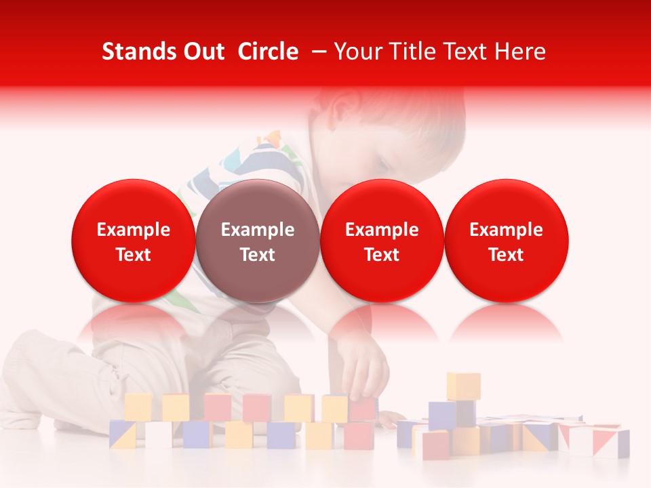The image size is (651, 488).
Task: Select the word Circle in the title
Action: pyautogui.click(x=268, y=52)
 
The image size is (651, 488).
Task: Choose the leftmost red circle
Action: pyautogui.click(x=133, y=241)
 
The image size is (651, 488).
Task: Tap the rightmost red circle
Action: pyautogui.click(x=506, y=241)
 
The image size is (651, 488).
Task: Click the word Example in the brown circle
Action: pyautogui.click(x=257, y=230)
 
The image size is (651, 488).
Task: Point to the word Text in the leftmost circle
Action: pyautogui.click(x=133, y=255)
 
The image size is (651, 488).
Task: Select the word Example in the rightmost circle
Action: pyautogui.click(x=506, y=230)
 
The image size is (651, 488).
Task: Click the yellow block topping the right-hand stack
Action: pyautogui.click(x=463, y=386)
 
